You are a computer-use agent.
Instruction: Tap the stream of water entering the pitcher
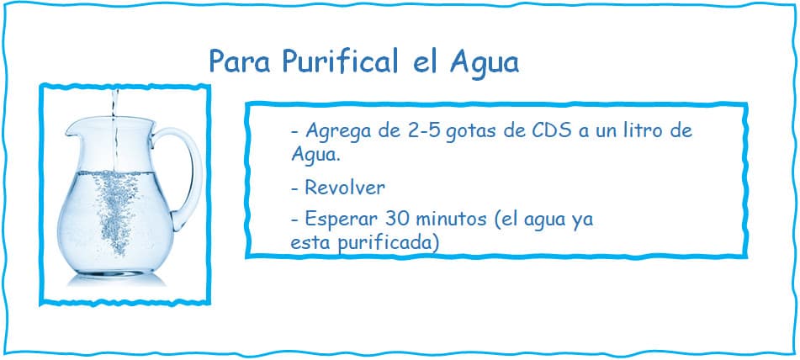114,109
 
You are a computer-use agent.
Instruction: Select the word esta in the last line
310,241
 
